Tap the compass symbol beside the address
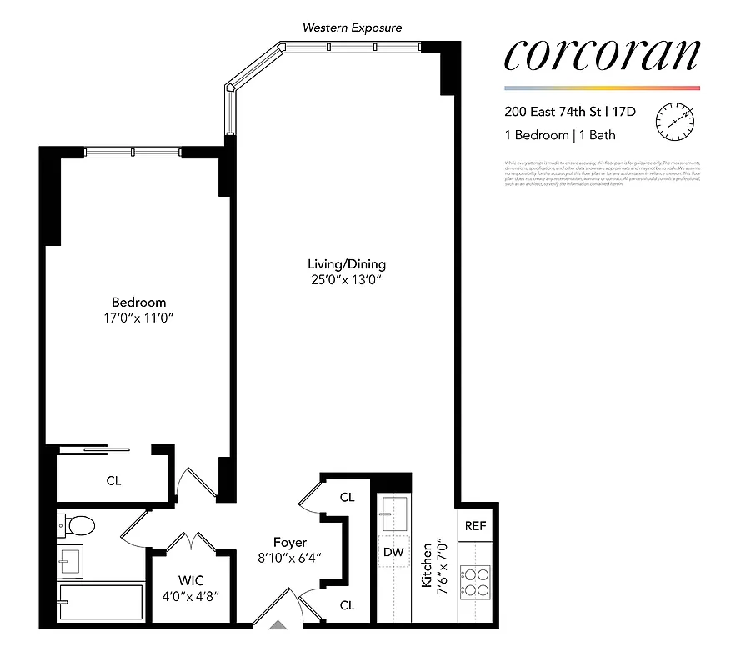[x=674, y=122]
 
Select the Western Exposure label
[x=352, y=28]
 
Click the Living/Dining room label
[x=347, y=265]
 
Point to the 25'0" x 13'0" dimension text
[x=347, y=281]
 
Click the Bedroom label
[x=139, y=303]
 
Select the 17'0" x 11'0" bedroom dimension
[x=139, y=318]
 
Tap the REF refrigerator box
[x=475, y=526]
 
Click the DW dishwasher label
[x=393, y=551]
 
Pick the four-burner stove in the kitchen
[x=475, y=581]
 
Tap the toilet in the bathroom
[x=78, y=525]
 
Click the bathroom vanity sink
[x=70, y=561]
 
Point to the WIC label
[x=192, y=580]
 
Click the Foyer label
[x=291, y=543]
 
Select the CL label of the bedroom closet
[x=113, y=480]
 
